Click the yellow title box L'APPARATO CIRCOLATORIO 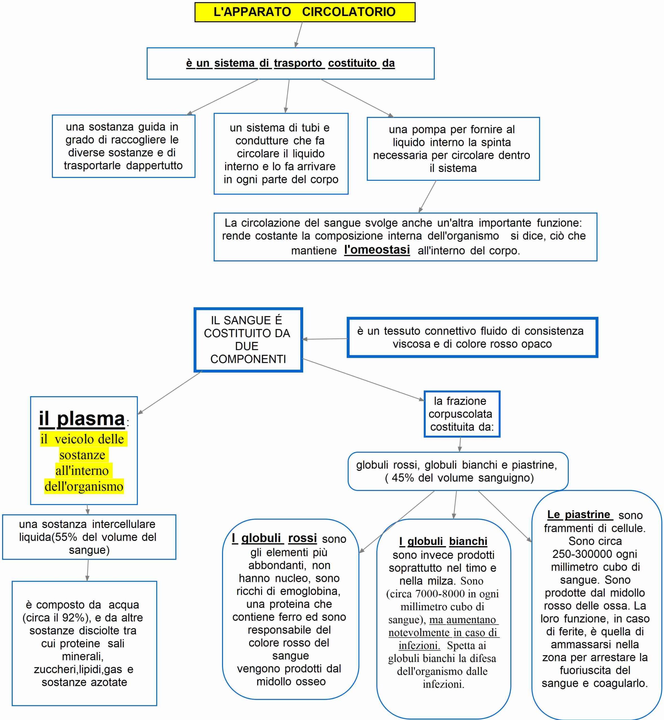click(305, 12)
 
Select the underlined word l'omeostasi click(377, 249)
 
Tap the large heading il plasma click(82, 418)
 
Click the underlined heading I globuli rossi click(274, 538)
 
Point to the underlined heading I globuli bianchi click(443, 541)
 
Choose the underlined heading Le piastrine click(578, 514)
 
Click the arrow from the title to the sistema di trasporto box click(299, 35)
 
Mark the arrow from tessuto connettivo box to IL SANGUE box click(325, 339)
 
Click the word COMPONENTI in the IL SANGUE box click(248, 359)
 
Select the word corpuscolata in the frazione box click(460, 414)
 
